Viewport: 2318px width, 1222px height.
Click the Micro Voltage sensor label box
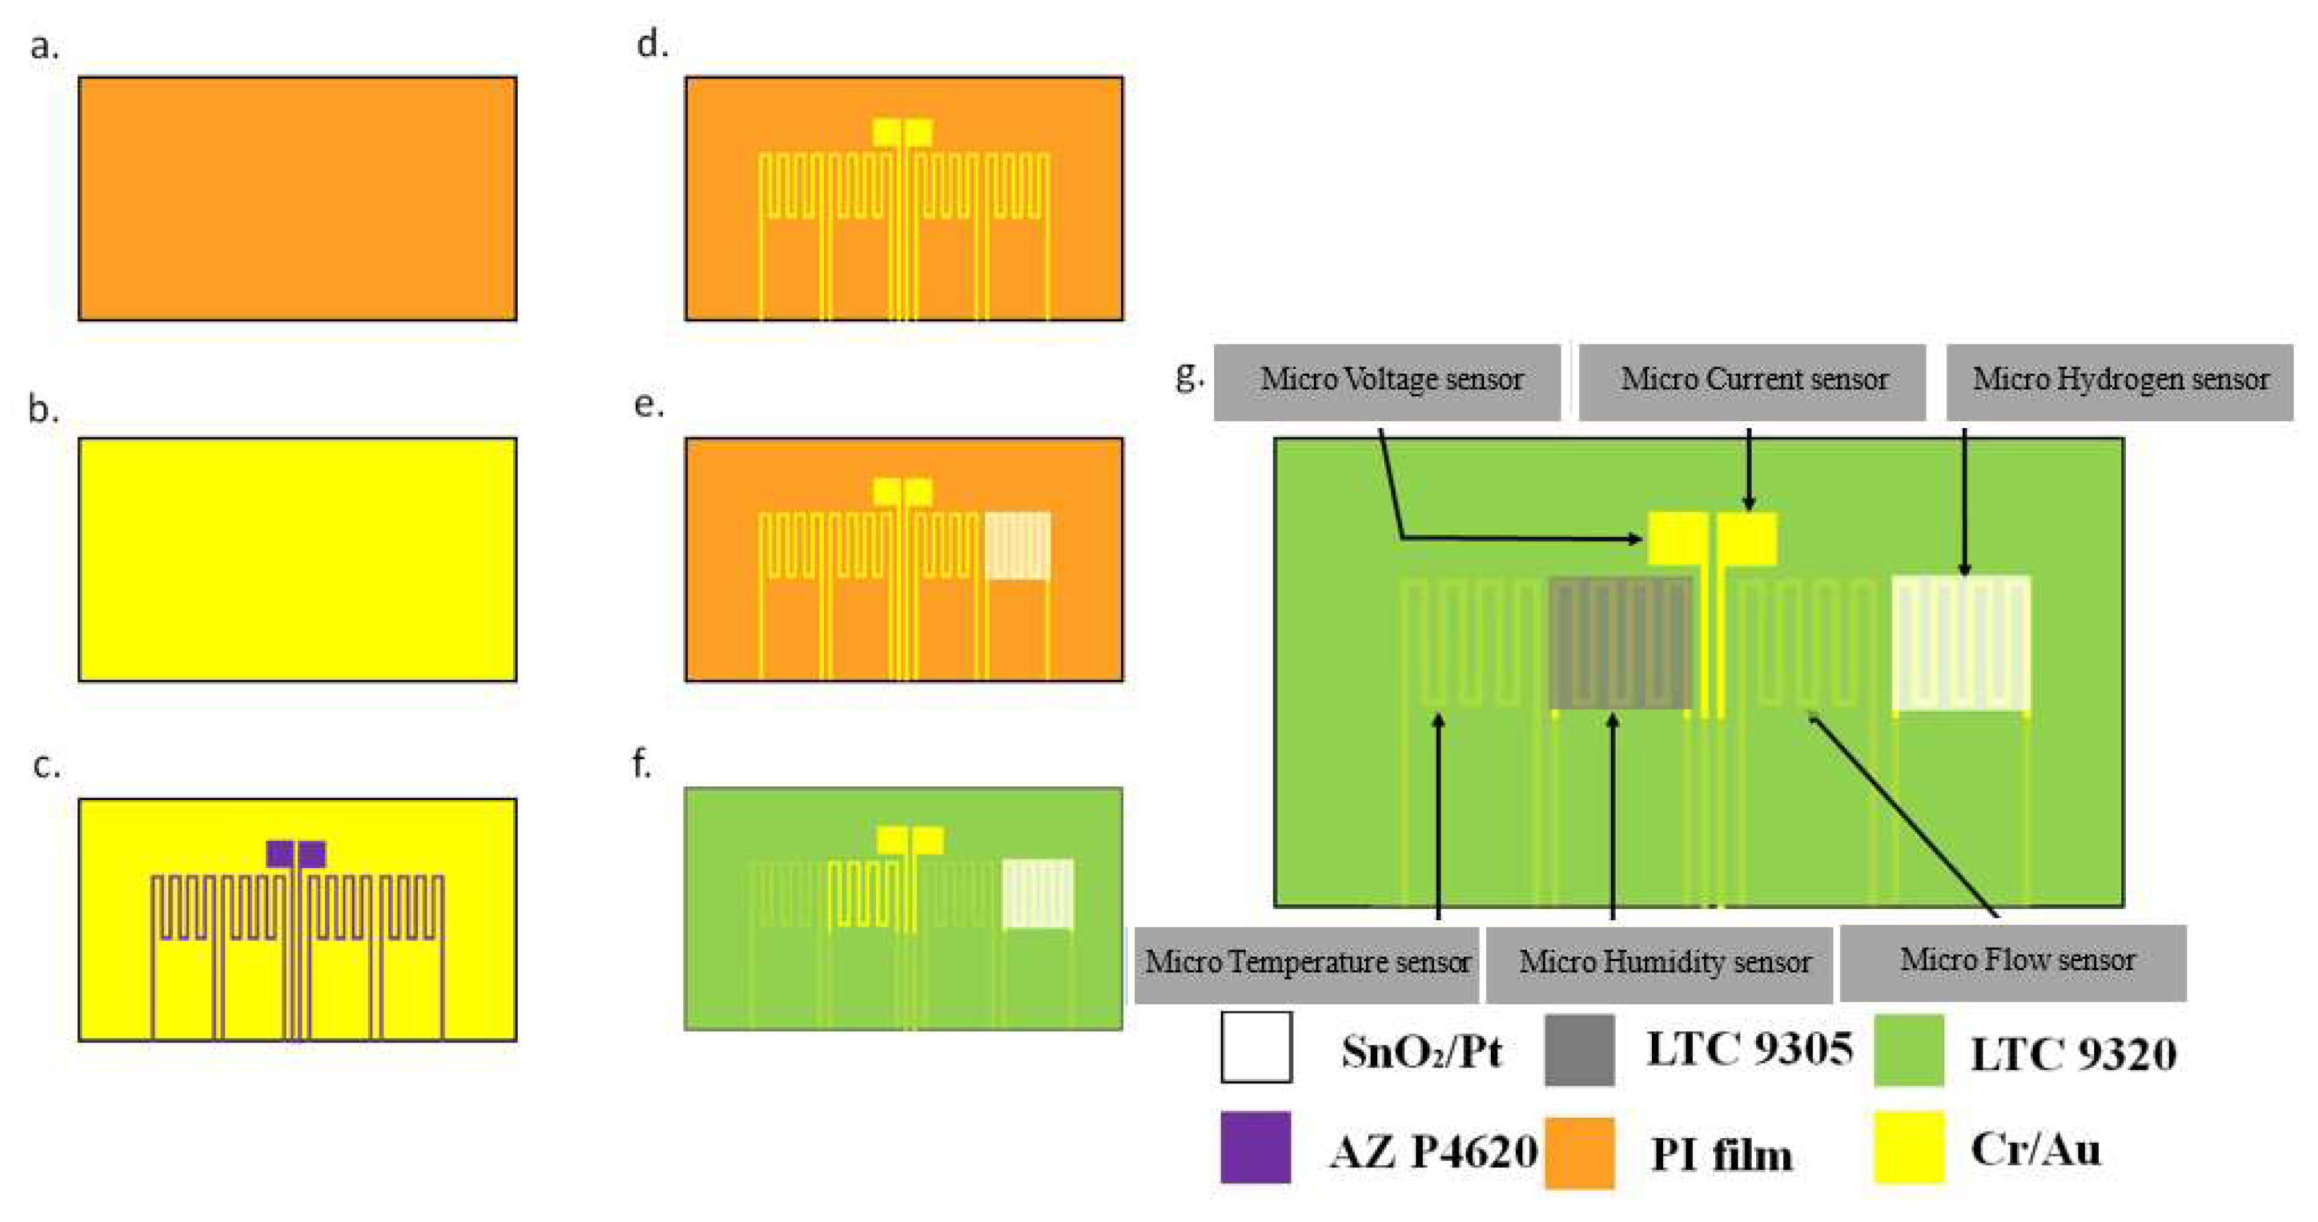tap(1386, 382)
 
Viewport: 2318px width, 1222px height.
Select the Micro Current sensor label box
tap(1752, 382)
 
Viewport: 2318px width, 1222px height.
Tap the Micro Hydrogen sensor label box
tap(2119, 382)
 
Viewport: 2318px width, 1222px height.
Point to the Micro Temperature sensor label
tap(1307, 963)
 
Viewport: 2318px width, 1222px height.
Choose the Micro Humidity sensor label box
tap(1659, 963)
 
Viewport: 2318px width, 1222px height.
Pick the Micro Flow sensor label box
tap(2013, 961)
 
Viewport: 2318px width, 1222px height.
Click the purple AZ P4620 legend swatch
tap(1255, 1147)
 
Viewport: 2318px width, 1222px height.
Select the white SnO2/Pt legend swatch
tap(1256, 1046)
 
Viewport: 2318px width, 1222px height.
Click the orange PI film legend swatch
tap(1579, 1152)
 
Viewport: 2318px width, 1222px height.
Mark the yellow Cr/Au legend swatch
tap(1909, 1147)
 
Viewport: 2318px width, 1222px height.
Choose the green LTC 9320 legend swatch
tap(1909, 1050)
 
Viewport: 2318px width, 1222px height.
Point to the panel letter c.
tap(47, 765)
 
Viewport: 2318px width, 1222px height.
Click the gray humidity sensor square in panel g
tap(1619, 642)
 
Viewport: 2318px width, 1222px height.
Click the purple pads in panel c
tap(296, 853)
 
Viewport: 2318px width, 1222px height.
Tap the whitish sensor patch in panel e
tap(1018, 545)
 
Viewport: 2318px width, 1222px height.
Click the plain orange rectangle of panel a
tap(297, 198)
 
